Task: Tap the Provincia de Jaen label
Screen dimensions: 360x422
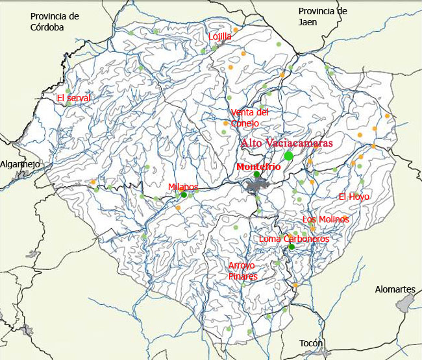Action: pos(323,17)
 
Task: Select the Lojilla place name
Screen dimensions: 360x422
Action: pos(219,36)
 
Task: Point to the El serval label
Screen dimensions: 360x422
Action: pos(73,98)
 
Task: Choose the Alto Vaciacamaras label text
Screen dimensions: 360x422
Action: pos(286,143)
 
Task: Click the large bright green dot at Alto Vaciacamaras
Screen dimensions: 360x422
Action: pos(288,156)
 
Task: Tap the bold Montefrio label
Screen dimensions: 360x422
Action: pos(259,167)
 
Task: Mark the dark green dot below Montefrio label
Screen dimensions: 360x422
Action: pos(256,174)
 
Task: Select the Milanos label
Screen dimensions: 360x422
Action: pos(182,187)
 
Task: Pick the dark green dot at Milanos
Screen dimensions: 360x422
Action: pos(184,194)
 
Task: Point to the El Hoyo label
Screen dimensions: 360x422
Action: pos(353,197)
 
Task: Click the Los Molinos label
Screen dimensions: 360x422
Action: pos(325,219)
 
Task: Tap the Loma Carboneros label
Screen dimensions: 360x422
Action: pos(293,239)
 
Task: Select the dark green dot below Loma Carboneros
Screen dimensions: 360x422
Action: pos(292,246)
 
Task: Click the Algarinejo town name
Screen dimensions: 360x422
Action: pos(20,164)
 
